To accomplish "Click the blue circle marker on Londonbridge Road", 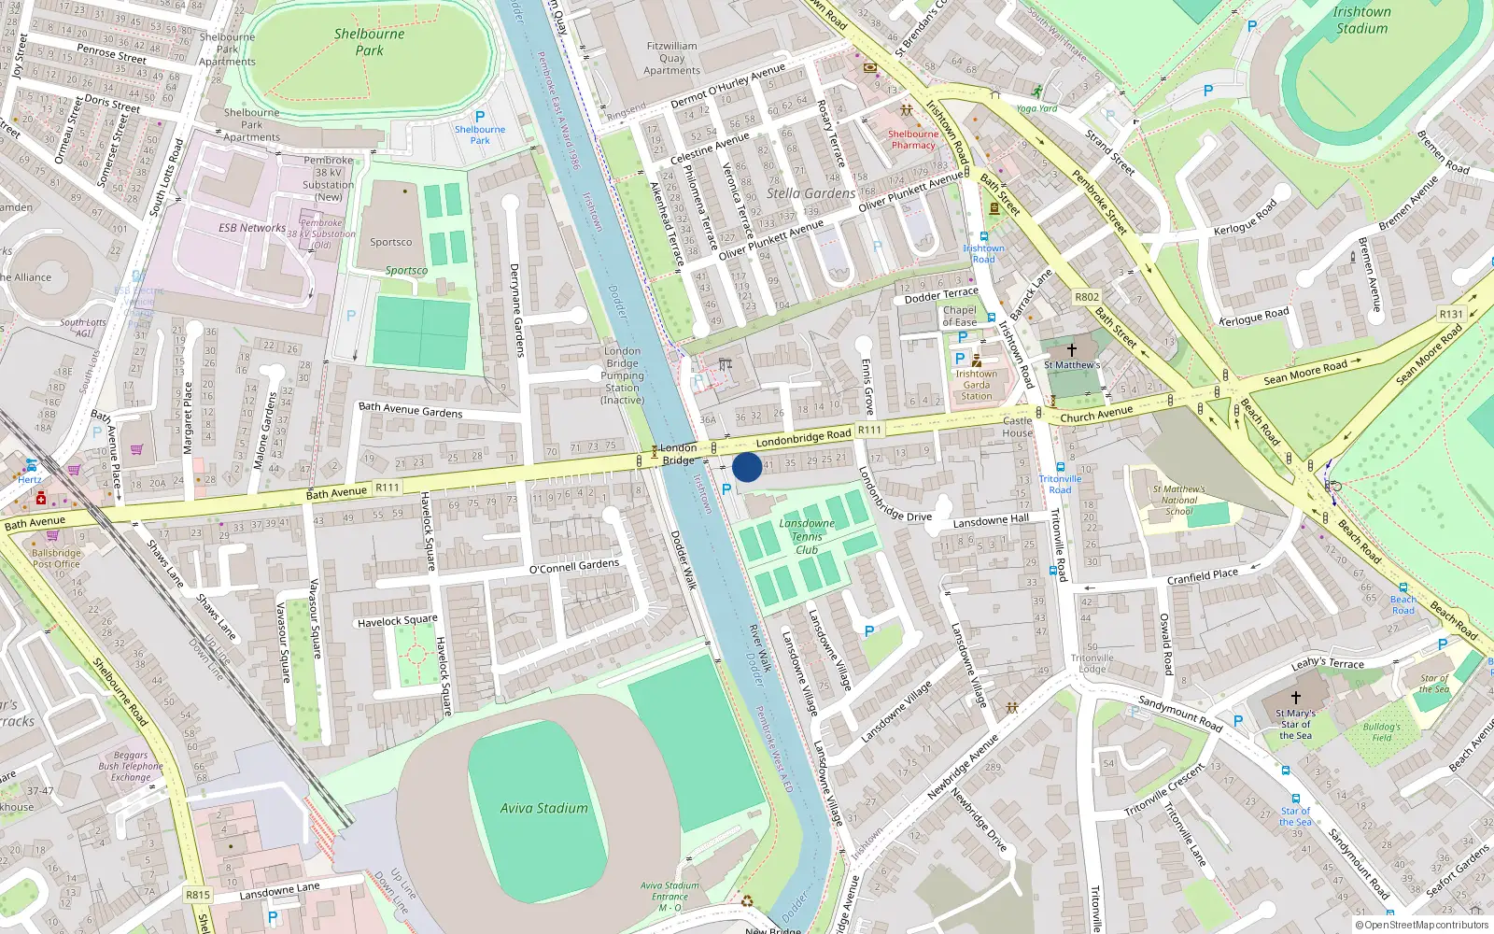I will (747, 467).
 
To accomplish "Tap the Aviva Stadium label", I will (543, 809).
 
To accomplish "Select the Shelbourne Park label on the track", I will (369, 42).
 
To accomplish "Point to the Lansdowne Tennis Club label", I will (807, 536).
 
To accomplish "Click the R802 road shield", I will (1086, 297).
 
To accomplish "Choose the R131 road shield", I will (1450, 315).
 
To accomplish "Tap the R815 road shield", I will (198, 895).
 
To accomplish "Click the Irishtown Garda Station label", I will (976, 385).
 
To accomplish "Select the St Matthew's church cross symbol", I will (1072, 350).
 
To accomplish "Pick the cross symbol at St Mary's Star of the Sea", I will (1295, 698).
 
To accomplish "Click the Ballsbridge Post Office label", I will (56, 559).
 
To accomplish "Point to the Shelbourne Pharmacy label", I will (912, 139).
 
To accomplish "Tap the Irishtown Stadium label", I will (1361, 20).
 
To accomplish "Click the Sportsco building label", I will (390, 242).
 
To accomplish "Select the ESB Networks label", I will (252, 228).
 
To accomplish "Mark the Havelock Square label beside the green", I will (397, 621).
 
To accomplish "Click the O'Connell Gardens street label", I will (573, 566).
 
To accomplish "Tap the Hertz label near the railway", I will (30, 480).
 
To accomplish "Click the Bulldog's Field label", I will (1381, 732).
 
